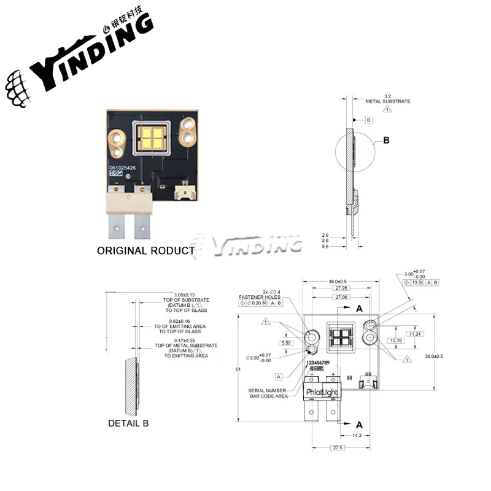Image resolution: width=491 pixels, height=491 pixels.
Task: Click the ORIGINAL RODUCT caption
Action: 146,250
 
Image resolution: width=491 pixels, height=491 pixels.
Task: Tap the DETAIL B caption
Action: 128,423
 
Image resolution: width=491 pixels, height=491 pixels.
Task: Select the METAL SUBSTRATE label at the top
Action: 388,101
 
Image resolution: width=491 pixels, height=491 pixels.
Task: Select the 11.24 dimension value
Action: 415,334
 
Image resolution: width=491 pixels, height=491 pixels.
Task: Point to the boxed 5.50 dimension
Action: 286,342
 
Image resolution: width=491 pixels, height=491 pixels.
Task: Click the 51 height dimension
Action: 238,369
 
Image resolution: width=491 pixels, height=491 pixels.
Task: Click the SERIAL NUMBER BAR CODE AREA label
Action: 268,393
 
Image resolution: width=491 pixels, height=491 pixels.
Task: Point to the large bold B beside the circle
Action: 387,141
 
